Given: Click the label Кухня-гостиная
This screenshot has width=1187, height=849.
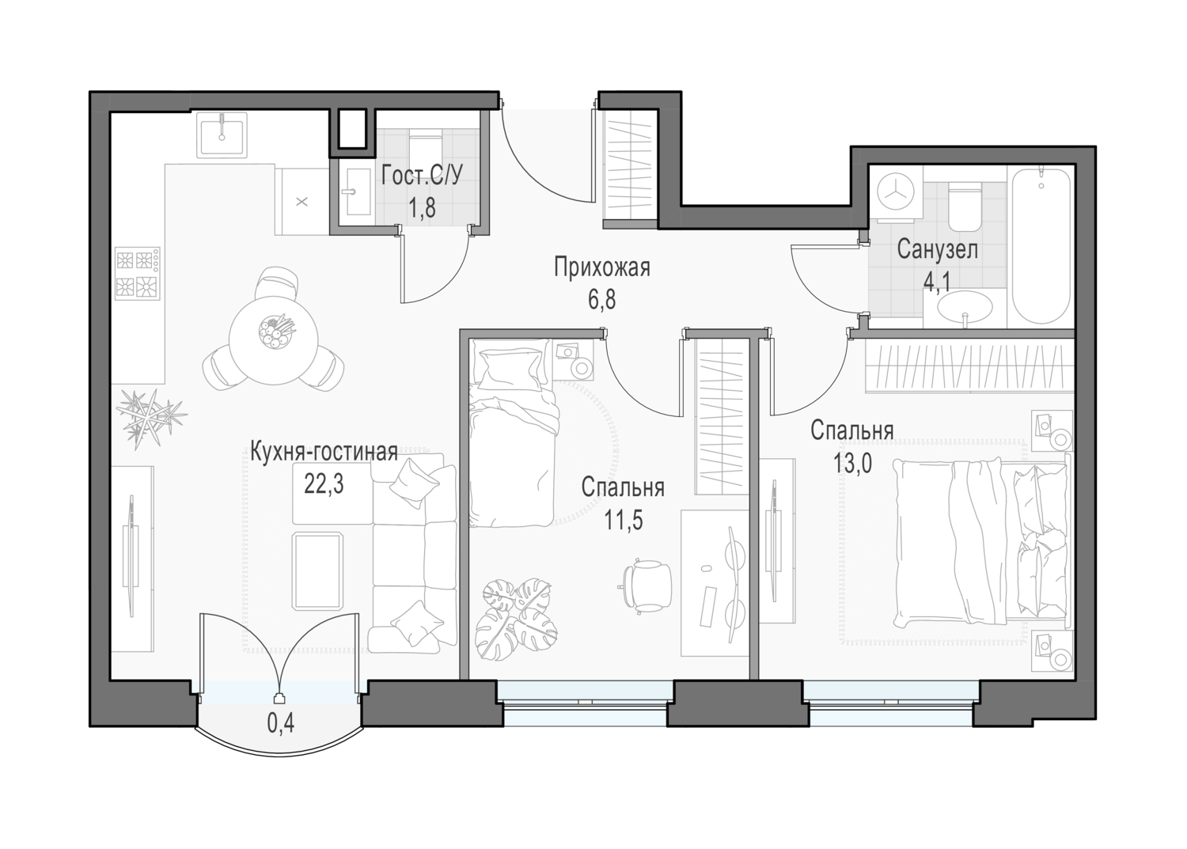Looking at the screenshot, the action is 323,453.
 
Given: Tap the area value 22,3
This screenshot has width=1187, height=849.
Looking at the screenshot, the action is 324,483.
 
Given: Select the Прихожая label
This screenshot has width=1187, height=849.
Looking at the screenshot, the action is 602,267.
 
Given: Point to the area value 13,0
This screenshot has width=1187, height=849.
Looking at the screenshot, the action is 852,463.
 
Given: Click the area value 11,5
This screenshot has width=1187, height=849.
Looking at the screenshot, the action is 623,520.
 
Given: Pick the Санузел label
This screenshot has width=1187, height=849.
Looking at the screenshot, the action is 937,249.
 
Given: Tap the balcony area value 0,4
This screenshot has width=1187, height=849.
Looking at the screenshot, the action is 280,723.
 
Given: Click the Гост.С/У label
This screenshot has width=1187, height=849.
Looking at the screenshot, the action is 421,176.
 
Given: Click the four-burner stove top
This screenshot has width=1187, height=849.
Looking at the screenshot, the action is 137,274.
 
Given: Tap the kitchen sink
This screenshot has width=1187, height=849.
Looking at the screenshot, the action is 222,135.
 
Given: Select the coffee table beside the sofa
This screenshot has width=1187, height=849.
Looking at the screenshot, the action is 317,572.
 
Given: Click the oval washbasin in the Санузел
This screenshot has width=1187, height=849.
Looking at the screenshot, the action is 965,307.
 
